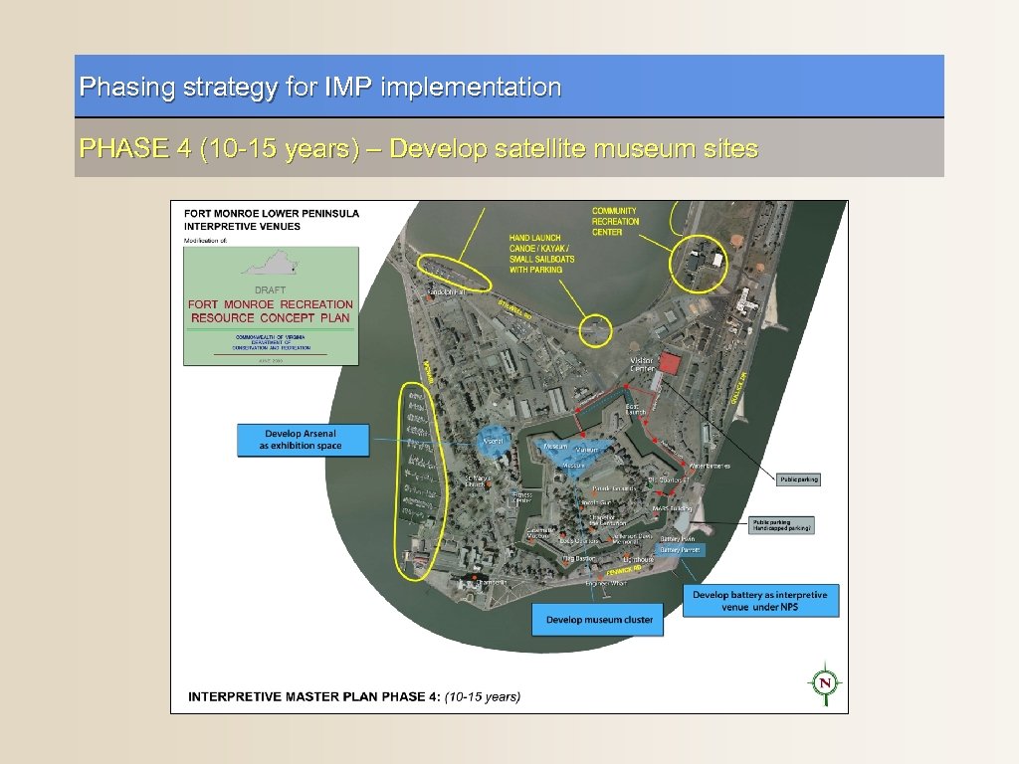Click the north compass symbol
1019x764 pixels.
tap(824, 682)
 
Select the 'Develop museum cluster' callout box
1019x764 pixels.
tap(599, 620)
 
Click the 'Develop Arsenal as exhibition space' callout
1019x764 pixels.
tap(302, 441)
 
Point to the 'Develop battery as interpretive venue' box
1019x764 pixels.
tap(760, 600)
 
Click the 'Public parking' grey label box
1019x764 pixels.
tap(798, 479)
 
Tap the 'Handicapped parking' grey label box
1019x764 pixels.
tap(783, 525)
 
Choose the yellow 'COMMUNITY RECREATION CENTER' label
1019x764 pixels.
tap(616, 221)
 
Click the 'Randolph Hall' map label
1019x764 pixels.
tap(447, 292)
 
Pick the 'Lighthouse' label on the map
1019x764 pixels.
tap(638, 560)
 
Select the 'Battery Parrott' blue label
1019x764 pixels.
tap(681, 549)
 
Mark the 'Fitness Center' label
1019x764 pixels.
tap(522, 497)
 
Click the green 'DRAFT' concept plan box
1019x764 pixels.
tap(270, 306)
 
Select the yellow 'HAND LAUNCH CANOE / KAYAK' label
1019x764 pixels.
tap(542, 254)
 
